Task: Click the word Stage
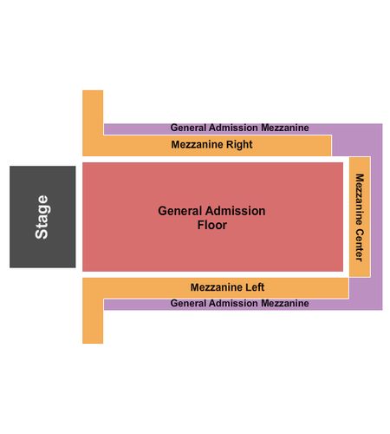click(42, 217)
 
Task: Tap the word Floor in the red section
click(212, 225)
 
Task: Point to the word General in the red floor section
click(178, 211)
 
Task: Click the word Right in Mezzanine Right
click(239, 145)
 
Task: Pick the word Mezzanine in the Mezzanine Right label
click(198, 144)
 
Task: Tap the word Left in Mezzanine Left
click(255, 287)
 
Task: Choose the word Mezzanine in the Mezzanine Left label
click(217, 287)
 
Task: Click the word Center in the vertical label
click(359, 245)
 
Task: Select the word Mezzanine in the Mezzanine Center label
click(359, 200)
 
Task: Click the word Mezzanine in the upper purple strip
click(285, 128)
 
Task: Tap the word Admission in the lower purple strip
click(233, 303)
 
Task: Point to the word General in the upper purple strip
click(188, 128)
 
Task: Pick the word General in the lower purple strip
click(188, 303)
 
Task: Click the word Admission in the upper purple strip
click(233, 128)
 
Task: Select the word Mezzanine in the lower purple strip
click(285, 303)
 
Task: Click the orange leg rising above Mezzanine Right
click(93, 112)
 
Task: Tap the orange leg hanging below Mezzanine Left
click(93, 321)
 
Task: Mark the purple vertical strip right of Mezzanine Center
click(377, 217)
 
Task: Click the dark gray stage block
click(42, 217)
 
